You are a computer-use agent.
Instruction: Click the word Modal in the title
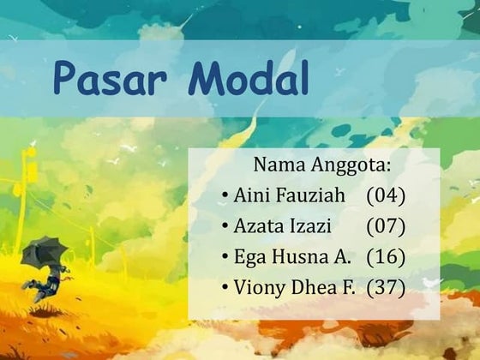tap(248, 79)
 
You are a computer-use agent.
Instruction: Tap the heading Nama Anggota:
tap(321, 164)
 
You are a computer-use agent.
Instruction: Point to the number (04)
tap(385, 195)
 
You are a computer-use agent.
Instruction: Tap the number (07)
tap(385, 226)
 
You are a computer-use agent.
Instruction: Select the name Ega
tap(248, 257)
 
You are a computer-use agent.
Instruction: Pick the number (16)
tap(385, 257)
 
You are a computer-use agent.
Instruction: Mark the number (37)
tap(385, 288)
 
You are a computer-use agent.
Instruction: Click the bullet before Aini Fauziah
tap(225, 197)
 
